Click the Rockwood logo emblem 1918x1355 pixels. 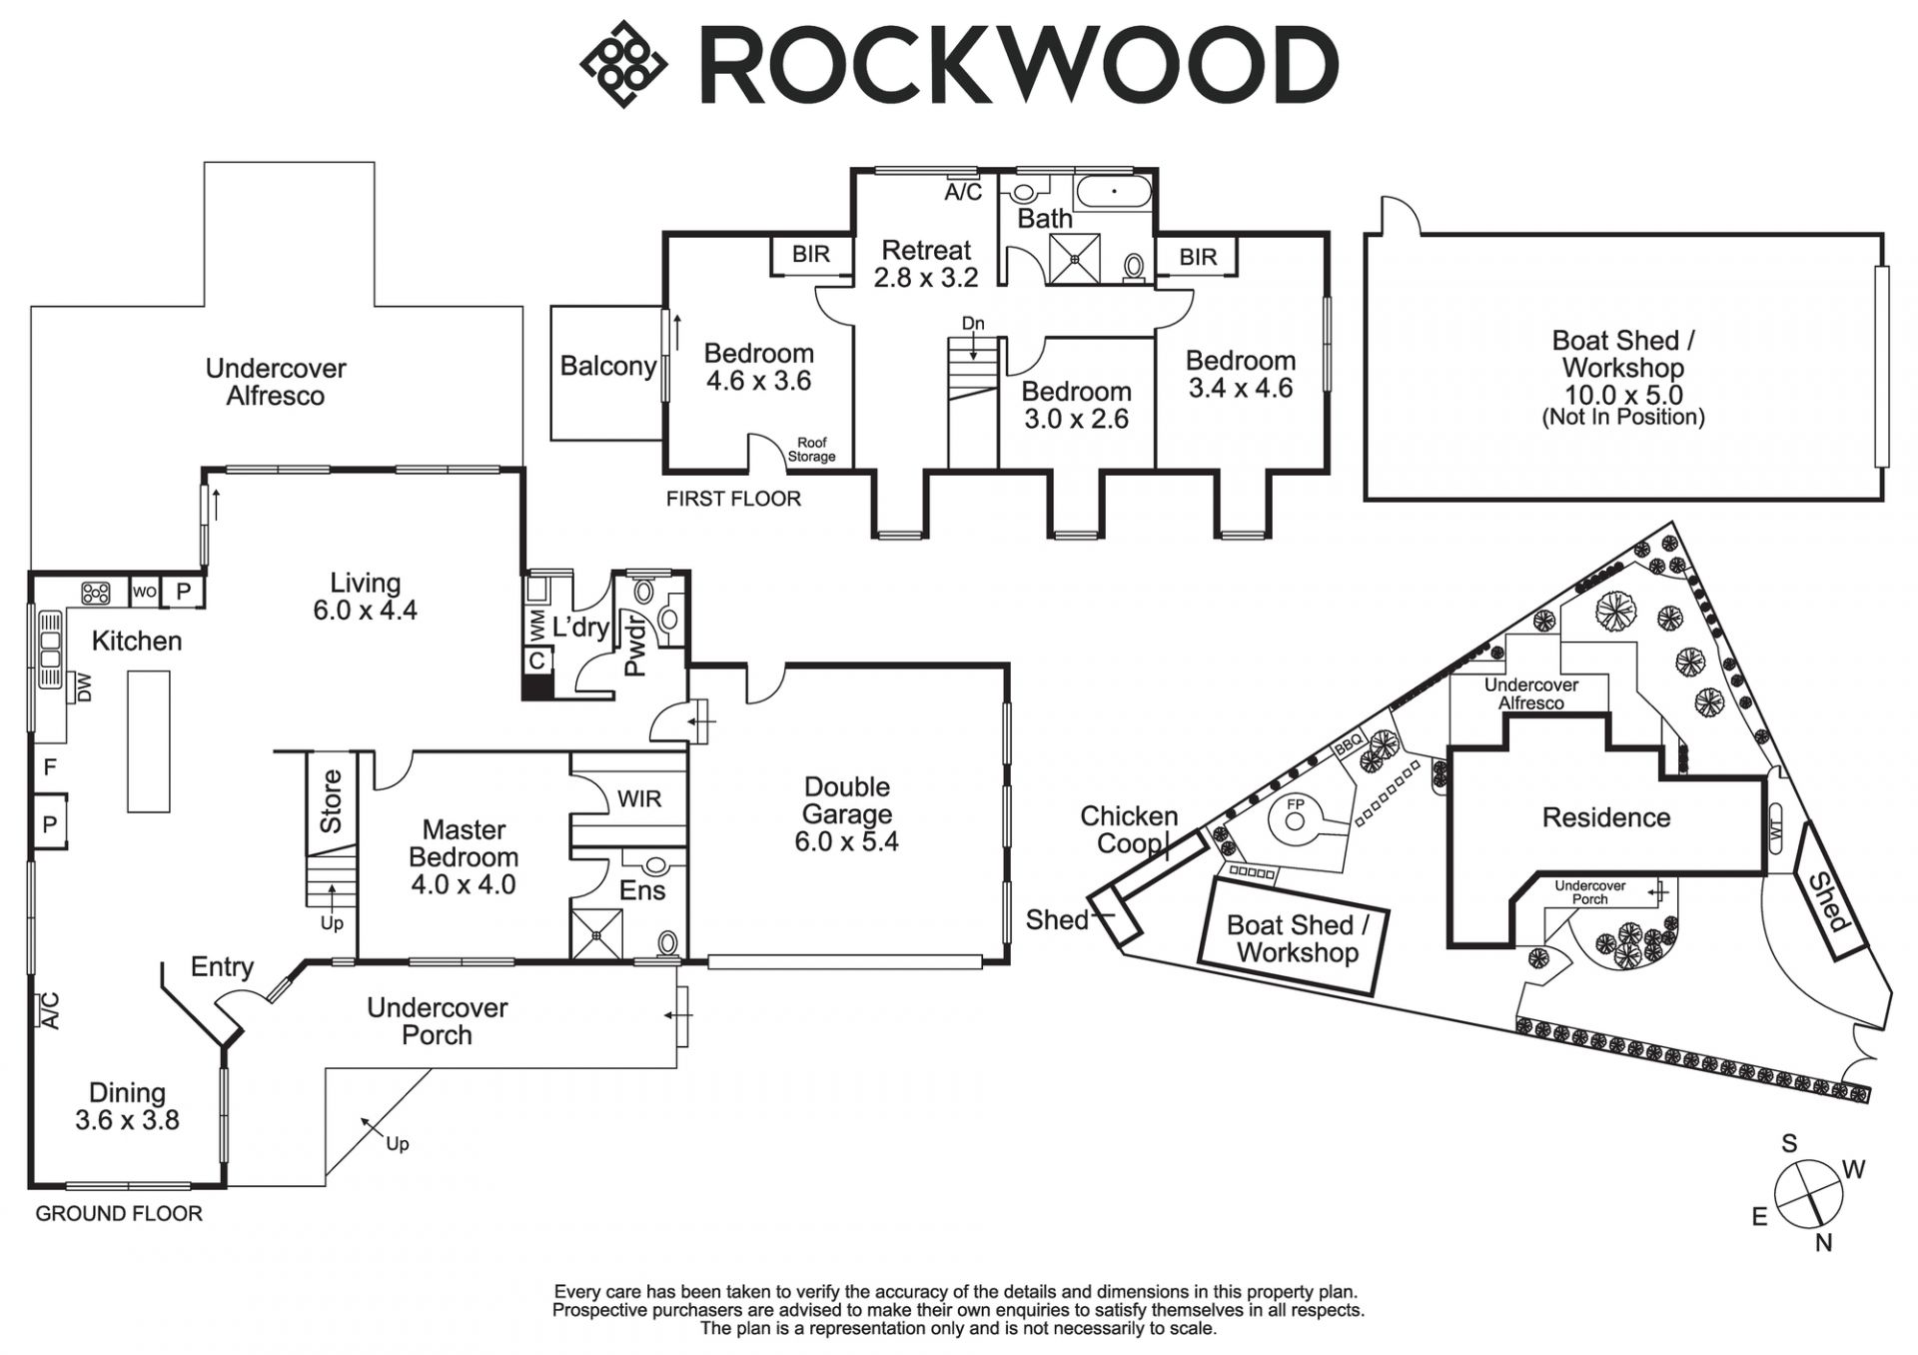tap(623, 64)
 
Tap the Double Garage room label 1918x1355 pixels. tap(846, 814)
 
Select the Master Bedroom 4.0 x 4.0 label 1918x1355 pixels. tap(464, 857)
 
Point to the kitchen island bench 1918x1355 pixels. tap(148, 740)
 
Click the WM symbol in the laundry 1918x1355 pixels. tap(536, 627)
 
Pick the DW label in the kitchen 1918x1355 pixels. tap(85, 687)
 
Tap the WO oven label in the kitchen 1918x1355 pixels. tap(145, 592)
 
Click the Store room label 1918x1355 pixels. tap(331, 801)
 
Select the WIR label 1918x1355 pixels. tap(639, 799)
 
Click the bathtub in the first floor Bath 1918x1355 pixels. tap(1114, 192)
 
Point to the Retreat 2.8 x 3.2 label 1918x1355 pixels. tap(926, 264)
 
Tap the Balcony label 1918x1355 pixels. tap(607, 366)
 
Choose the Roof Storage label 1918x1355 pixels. tap(811, 450)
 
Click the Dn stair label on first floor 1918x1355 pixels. tap(973, 324)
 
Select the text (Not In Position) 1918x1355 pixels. tap(1623, 418)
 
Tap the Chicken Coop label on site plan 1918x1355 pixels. tap(1130, 829)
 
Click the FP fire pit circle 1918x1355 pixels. tap(1296, 820)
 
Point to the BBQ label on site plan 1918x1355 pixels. tap(1348, 744)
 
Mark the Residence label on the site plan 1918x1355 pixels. tap(1606, 817)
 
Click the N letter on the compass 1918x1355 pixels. tap(1824, 1243)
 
